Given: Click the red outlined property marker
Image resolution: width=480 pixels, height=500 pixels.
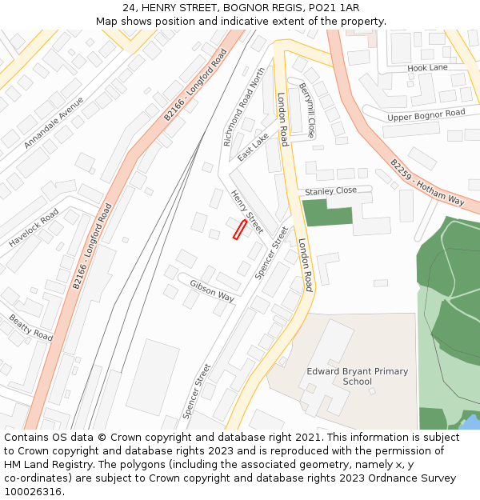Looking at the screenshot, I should click(x=239, y=230).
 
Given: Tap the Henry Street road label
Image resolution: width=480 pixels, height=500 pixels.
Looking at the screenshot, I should click(x=246, y=212).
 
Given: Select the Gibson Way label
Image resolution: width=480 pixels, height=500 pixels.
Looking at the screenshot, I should click(x=212, y=290).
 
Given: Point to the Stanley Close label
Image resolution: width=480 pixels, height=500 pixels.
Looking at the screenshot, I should click(x=330, y=191).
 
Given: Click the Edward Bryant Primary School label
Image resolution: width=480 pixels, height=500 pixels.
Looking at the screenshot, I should click(x=358, y=376).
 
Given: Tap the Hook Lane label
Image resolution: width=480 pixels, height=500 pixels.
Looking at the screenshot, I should click(x=427, y=68).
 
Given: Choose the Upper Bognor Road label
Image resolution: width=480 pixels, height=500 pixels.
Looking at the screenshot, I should click(x=426, y=116).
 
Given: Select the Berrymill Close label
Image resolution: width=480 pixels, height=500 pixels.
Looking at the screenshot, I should click(x=307, y=110).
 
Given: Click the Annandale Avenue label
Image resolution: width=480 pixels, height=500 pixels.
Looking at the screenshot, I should click(x=54, y=123).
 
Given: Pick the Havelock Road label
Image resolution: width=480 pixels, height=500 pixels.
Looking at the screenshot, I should click(x=34, y=228).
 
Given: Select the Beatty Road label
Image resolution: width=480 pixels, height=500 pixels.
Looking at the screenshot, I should click(x=30, y=327).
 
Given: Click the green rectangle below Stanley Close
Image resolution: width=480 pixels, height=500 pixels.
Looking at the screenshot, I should click(x=327, y=213).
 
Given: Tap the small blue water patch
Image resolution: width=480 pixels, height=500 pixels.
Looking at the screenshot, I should click(x=471, y=422).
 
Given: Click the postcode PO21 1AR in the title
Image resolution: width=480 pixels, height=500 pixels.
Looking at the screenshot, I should click(x=337, y=7).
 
